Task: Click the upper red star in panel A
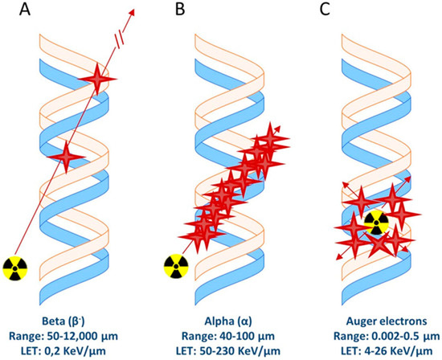click(x=99, y=79)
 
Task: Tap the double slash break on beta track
click(x=120, y=37)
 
